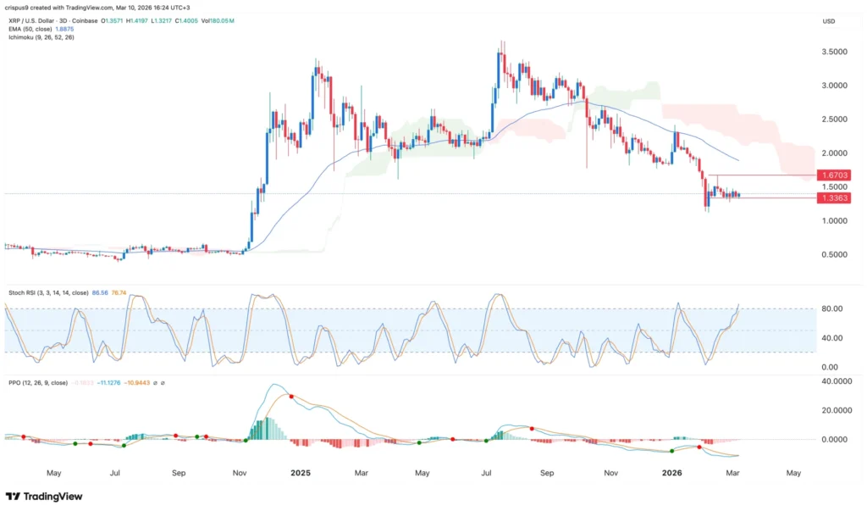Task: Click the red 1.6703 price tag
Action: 833,175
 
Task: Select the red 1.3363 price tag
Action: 833,197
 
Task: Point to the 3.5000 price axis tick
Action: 834,52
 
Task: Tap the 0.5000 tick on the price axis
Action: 834,254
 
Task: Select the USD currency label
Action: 830,21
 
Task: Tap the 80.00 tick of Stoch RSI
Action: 831,309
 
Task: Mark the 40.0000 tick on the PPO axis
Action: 834,381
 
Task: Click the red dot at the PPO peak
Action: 291,396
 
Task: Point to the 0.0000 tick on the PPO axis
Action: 834,440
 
